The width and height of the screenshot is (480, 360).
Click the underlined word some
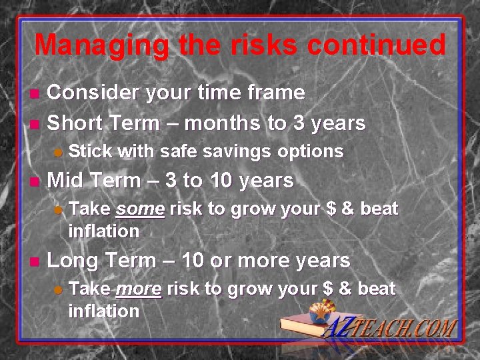(140, 209)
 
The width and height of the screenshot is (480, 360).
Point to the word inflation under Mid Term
(104, 231)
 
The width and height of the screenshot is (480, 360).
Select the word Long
(71, 261)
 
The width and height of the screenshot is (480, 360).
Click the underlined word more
(138, 289)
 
